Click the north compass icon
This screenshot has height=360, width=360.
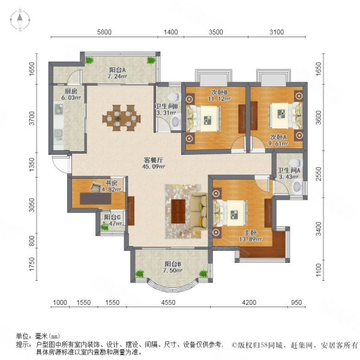[20, 20]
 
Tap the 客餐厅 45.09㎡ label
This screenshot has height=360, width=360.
[154, 164]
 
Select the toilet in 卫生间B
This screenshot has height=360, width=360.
[172, 97]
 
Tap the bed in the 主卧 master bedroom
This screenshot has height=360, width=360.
[231, 210]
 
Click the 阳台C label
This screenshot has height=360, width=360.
[112, 220]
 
